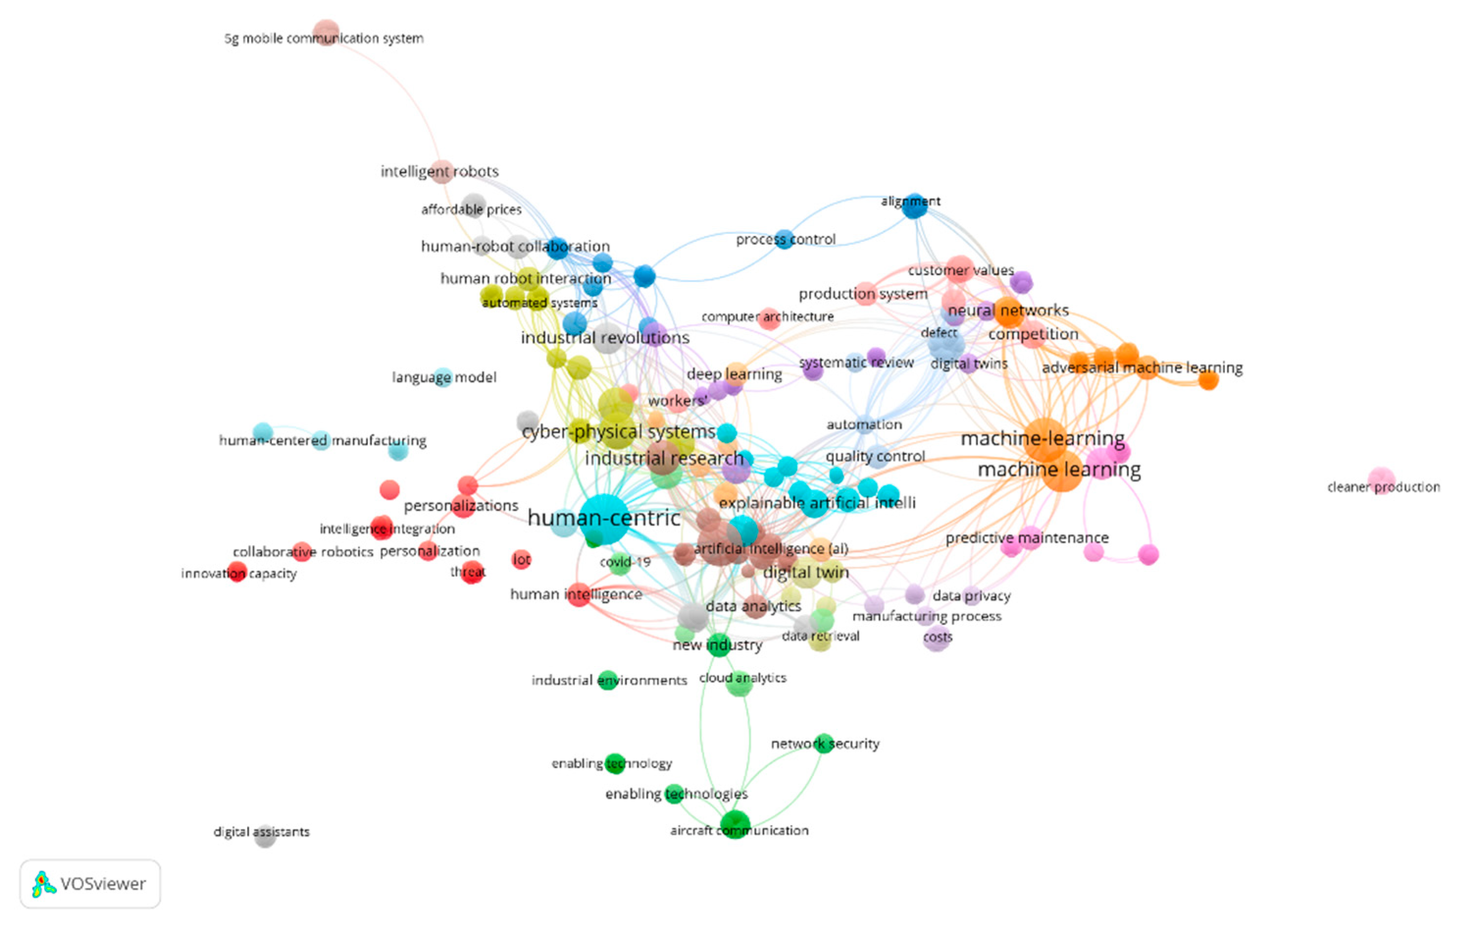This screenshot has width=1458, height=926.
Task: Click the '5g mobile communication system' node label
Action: (324, 39)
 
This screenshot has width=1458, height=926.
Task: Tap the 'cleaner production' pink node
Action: (1381, 480)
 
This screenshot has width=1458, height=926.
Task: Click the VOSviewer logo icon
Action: (44, 884)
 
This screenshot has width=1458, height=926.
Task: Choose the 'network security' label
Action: (825, 744)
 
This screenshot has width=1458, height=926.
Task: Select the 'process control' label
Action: (785, 240)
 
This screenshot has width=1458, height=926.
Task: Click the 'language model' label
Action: (444, 377)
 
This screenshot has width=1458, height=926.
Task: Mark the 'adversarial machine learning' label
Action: (1142, 368)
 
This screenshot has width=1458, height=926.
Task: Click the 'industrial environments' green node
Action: (607, 680)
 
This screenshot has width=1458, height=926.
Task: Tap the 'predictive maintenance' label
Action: (1027, 538)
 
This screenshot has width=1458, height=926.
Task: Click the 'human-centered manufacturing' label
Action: (322, 440)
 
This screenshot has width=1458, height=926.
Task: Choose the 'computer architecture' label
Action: (767, 317)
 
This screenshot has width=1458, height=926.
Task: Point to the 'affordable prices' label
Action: (471, 209)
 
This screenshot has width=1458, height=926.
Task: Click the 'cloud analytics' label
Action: (742, 678)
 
